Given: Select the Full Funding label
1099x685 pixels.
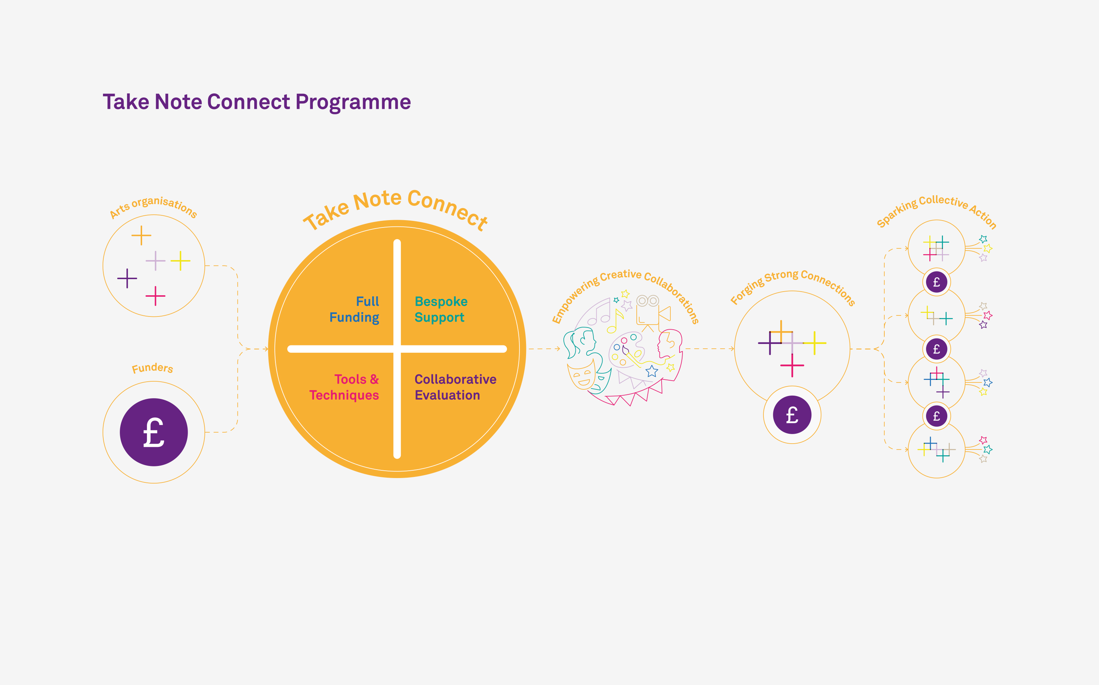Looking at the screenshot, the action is point(354,310).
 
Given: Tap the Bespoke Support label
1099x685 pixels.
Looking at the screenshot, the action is point(441,310).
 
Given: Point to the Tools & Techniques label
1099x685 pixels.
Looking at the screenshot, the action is point(344,387).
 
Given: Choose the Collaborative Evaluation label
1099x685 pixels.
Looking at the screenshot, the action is point(455,387).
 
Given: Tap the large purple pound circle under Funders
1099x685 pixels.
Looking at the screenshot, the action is point(153,432).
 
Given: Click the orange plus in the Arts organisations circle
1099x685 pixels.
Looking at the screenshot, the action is point(141,236).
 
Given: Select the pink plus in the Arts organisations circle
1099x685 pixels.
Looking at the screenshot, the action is point(155,296).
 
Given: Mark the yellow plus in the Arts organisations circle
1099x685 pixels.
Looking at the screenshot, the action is point(180,260).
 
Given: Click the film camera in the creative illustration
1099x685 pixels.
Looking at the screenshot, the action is point(653,311).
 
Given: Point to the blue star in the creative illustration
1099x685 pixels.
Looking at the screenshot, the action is point(652,371).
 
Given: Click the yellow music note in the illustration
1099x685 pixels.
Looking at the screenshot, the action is point(615,321).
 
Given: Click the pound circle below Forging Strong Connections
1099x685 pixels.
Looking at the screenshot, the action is point(792,415).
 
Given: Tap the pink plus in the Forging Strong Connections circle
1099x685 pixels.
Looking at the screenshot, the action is point(792,365).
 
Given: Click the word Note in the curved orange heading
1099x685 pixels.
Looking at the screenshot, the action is point(377,201).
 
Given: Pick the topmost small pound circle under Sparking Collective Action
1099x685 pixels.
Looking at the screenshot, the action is point(936,282).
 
